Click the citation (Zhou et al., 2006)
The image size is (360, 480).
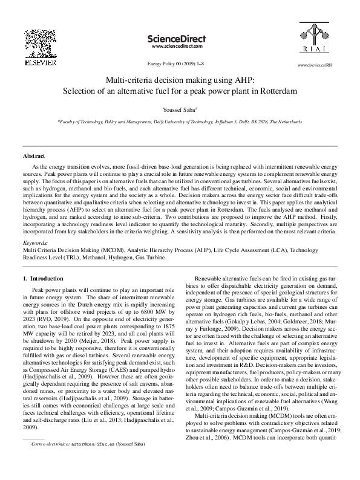click(x=214, y=453)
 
